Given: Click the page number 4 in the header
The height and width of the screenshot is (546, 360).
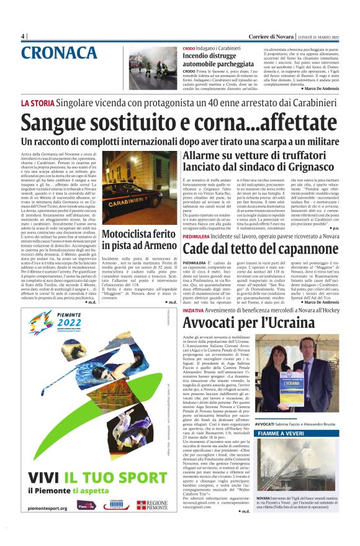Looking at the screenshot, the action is coord(23,36).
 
